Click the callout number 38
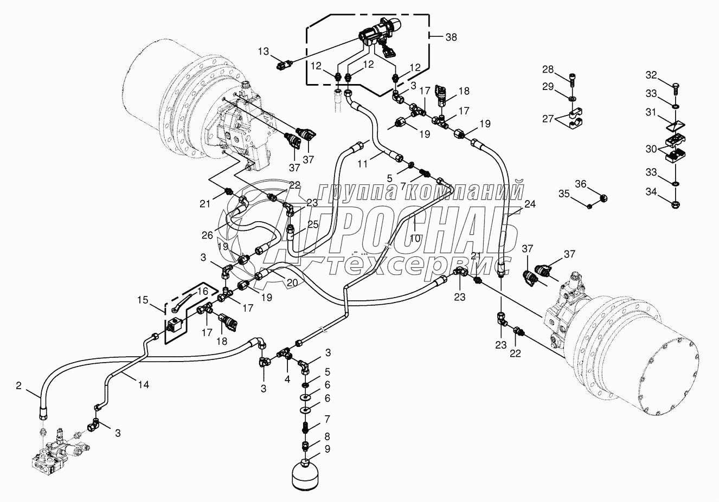point(451,37)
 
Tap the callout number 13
point(263,52)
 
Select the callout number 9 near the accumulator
point(327,449)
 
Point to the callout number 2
point(18,386)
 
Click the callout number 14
point(143,384)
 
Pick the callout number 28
point(548,69)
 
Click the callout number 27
point(548,119)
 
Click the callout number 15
point(142,299)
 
